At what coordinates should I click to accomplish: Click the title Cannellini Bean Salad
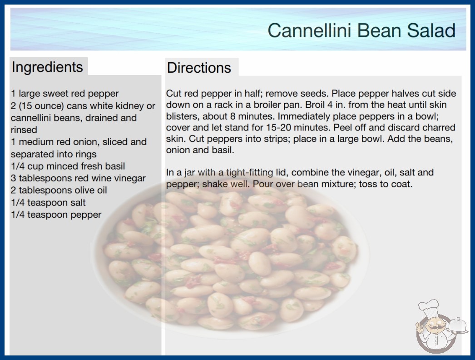(x=361, y=30)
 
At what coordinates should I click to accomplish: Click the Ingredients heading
(x=47, y=67)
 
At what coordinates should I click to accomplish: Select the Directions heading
(x=199, y=68)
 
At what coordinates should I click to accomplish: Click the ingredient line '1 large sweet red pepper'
(x=65, y=94)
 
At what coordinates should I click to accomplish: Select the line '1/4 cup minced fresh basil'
(x=68, y=166)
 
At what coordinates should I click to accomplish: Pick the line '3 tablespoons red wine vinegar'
(x=78, y=178)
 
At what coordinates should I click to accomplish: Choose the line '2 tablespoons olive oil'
(x=59, y=190)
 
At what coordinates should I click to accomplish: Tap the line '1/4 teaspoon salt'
(x=48, y=202)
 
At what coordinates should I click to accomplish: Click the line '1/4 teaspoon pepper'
(x=56, y=215)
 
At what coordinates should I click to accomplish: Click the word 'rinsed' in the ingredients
(x=24, y=130)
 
